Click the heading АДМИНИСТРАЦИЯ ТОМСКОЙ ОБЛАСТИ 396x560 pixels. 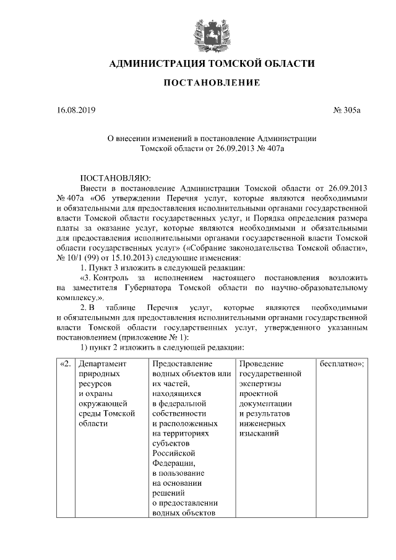212,63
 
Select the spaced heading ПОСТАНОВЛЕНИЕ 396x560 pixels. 212,83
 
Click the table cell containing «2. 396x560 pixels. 65,364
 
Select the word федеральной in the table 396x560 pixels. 179,403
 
